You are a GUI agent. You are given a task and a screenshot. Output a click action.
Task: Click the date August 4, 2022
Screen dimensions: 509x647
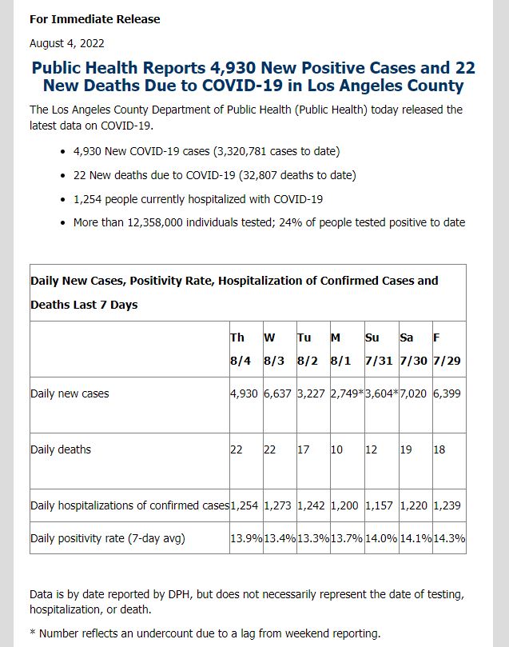tap(67, 43)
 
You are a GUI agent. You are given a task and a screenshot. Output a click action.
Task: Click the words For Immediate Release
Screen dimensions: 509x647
tap(95, 19)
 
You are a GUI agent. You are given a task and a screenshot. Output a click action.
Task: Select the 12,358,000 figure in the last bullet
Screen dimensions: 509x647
tap(155, 223)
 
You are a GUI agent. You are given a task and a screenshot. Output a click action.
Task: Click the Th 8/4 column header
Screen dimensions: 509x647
tap(241, 349)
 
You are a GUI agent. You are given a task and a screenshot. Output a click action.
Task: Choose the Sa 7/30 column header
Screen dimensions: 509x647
tap(413, 349)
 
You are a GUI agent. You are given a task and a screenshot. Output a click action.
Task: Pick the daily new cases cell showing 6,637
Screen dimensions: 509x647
tap(277, 393)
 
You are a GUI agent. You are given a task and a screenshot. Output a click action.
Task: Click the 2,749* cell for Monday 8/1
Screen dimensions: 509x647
tap(347, 393)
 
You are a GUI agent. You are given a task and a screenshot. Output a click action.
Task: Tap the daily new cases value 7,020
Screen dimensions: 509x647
tap(413, 393)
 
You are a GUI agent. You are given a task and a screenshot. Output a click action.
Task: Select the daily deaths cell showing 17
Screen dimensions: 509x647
tap(303, 449)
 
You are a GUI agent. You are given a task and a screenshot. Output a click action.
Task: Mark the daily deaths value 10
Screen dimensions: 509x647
tap(336, 449)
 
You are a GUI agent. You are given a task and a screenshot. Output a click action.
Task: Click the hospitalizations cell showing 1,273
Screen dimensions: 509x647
tap(277, 505)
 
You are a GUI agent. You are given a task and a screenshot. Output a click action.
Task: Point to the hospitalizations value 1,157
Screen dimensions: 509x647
tap(380, 505)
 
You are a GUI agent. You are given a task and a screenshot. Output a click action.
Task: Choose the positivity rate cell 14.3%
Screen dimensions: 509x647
tap(449, 538)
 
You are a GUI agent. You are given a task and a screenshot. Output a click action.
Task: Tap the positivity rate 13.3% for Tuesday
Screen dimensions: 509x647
tap(313, 538)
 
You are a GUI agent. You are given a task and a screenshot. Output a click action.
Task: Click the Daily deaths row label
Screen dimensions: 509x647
tap(61, 449)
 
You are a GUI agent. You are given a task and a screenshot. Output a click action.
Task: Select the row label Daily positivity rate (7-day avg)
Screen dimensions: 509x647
tap(108, 539)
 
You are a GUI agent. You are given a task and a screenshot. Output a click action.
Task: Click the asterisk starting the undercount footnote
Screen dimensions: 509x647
tap(33, 632)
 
